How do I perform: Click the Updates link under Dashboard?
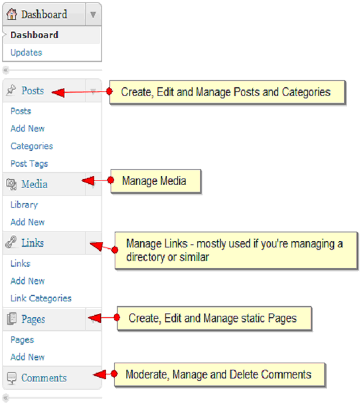(x=26, y=53)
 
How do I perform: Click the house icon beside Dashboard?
(x=12, y=14)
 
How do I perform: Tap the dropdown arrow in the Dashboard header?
(x=92, y=15)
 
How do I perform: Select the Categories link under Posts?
(x=32, y=146)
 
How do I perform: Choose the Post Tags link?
(x=29, y=164)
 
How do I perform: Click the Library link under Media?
(x=24, y=205)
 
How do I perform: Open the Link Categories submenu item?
(x=41, y=299)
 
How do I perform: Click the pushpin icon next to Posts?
(x=12, y=91)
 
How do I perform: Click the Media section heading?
(x=35, y=185)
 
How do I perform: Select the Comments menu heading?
(x=44, y=378)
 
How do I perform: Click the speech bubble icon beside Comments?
(x=12, y=378)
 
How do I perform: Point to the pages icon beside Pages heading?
(x=12, y=319)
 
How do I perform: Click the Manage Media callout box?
(x=155, y=182)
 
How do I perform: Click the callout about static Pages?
(x=214, y=319)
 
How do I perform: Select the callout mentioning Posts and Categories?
(x=227, y=93)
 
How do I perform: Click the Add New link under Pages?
(x=28, y=357)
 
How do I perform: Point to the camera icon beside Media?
(x=12, y=185)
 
